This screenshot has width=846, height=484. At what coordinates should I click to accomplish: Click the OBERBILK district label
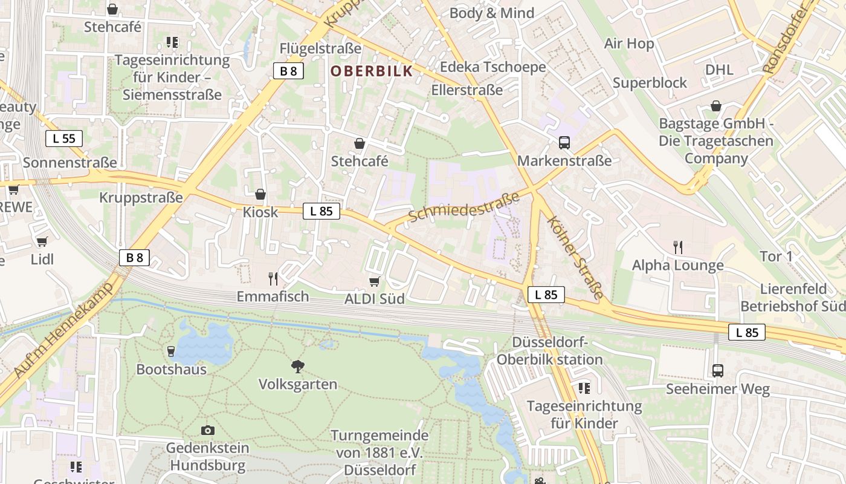[372, 71]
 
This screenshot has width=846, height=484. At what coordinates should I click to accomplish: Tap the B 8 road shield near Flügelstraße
[288, 71]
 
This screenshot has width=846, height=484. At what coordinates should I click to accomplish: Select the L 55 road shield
[63, 138]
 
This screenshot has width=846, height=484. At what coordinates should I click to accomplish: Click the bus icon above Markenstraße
[564, 143]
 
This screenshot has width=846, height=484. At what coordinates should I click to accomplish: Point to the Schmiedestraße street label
[463, 208]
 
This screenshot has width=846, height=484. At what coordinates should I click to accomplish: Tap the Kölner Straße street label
[575, 257]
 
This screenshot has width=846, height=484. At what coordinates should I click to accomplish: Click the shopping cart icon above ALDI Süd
[374, 281]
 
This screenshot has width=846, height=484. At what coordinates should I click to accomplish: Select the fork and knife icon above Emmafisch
[273, 278]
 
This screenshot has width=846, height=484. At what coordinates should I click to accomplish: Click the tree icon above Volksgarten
[297, 366]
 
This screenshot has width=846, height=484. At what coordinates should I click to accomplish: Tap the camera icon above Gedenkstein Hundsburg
[207, 430]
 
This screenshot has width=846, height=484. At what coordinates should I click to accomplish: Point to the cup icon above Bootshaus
[171, 351]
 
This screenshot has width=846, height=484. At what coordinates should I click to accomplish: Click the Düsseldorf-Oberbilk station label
[549, 351]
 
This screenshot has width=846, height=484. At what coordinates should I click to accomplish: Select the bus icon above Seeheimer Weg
[717, 370]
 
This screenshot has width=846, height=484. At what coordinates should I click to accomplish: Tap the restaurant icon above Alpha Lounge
[677, 247]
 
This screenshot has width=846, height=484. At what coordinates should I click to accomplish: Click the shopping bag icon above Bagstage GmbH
[715, 106]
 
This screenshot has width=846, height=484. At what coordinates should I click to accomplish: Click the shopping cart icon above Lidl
[42, 241]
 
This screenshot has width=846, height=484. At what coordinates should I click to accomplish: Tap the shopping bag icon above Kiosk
[260, 194]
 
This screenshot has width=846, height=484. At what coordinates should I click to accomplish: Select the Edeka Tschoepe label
[492, 67]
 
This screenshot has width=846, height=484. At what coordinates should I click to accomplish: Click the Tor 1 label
[776, 256]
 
